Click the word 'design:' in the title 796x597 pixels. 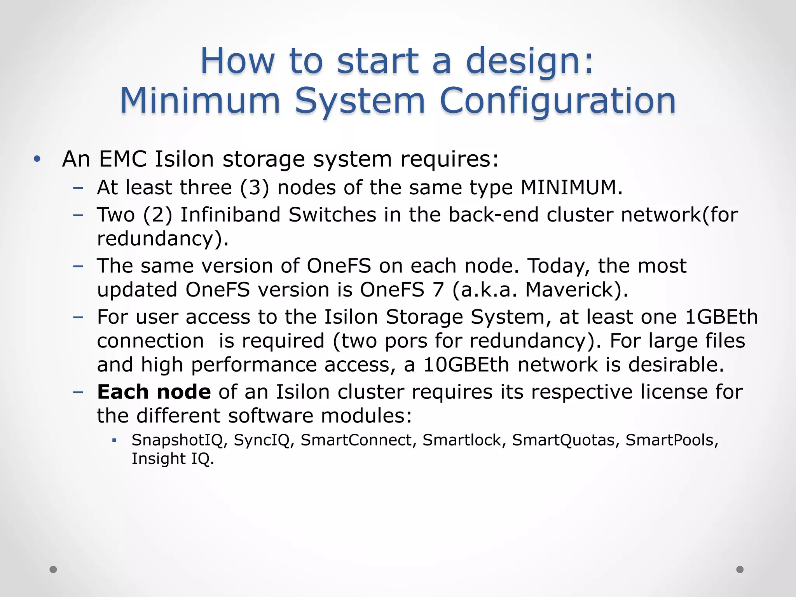point(529,61)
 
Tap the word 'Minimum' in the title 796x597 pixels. point(200,101)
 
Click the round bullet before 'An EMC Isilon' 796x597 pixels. point(37,159)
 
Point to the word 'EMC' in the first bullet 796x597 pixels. point(123,159)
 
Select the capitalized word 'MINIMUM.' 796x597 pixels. point(571,188)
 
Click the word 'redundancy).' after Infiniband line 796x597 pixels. point(163,239)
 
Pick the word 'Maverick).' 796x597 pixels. point(576,290)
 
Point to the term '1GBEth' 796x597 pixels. point(721,317)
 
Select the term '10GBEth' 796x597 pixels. point(466,365)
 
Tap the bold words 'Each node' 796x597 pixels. point(154,392)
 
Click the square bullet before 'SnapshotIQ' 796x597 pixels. point(114,441)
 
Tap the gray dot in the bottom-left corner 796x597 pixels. point(53,569)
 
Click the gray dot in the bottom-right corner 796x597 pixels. point(740,569)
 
